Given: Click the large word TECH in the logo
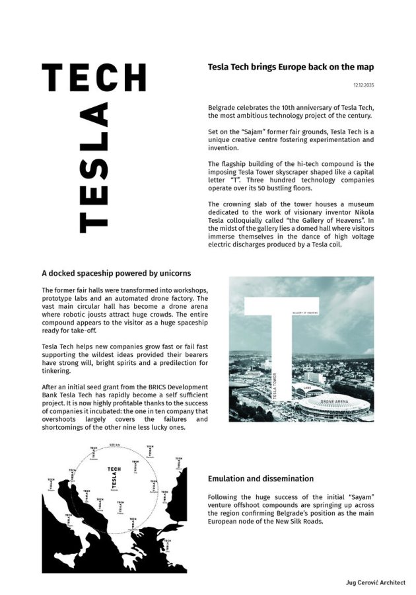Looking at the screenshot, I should pos(93,78).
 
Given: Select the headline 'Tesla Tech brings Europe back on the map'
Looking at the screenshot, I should pos(291,67).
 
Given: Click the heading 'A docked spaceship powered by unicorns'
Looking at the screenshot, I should pos(117,272).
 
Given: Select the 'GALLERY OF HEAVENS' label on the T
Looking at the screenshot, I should pos(306,313).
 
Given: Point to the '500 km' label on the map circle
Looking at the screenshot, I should pos(114,444).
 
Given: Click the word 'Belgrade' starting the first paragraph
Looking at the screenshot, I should pos(222,107).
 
